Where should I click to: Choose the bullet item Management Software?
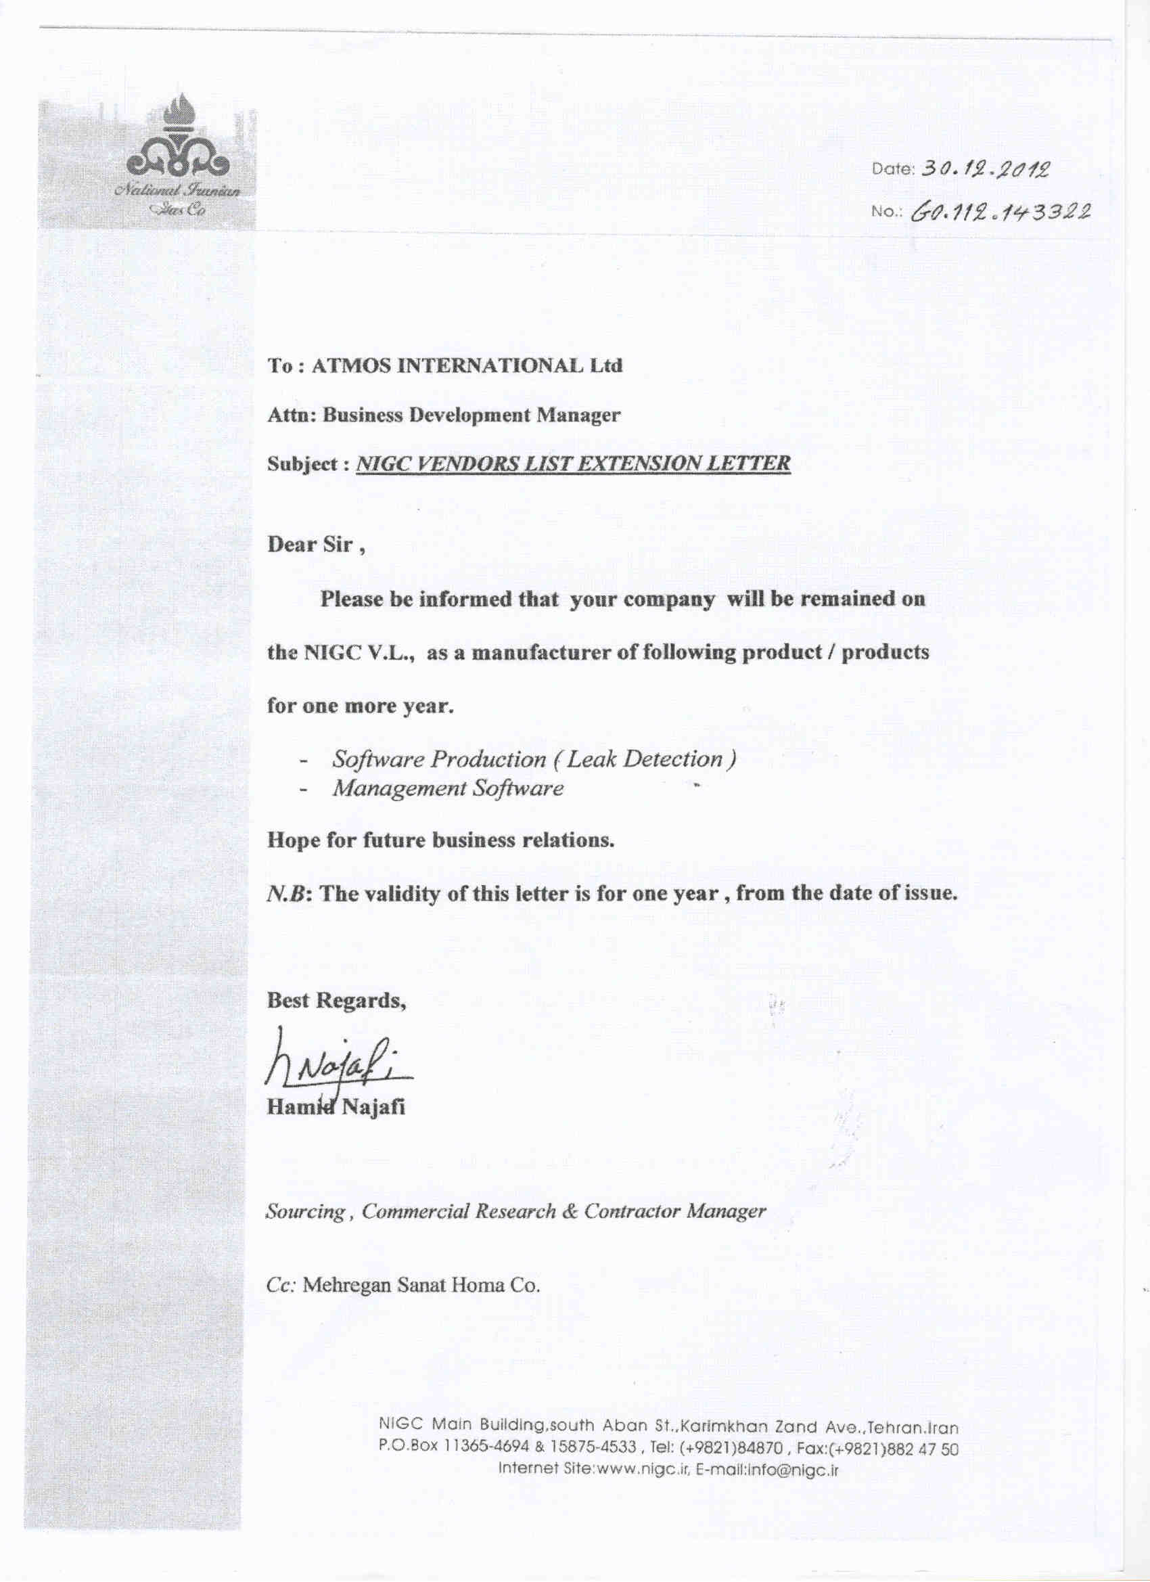point(448,788)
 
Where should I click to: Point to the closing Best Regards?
point(337,1001)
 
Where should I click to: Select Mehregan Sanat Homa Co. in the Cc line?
point(423,1285)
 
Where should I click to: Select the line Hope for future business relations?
point(441,840)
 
